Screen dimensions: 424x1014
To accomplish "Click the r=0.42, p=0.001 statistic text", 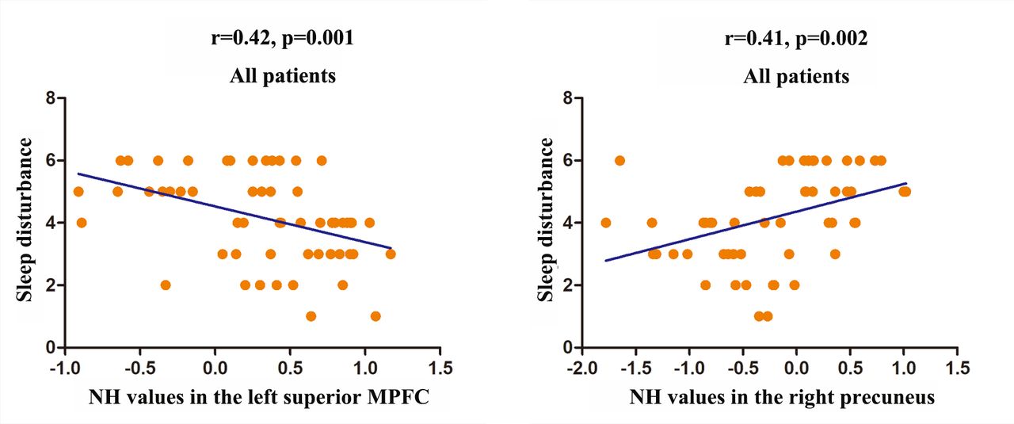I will [x=283, y=39].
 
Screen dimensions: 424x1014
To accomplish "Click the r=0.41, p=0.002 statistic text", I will [x=796, y=39].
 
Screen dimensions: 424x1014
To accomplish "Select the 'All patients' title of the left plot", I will [x=283, y=76].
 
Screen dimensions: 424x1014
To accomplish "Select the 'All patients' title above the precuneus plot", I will [x=796, y=76].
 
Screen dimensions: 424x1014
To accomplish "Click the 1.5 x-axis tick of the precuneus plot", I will [x=957, y=370].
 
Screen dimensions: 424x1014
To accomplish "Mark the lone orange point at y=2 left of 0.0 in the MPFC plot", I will [x=165, y=285].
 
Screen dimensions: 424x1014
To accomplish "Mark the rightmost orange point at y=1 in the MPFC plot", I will [x=375, y=316].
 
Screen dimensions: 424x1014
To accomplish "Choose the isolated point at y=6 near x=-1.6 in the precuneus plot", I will [x=619, y=160].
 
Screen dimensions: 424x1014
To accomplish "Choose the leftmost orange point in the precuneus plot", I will [x=606, y=223].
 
